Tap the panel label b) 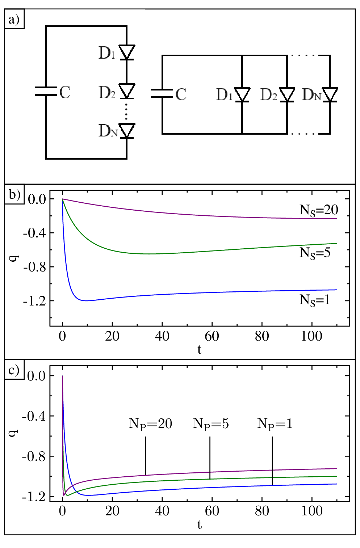[14, 194]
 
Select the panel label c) [14, 370]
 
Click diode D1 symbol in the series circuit [126, 52]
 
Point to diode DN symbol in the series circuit [126, 131]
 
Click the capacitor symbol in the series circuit [46, 91]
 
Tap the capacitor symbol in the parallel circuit [162, 94]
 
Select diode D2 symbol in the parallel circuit [287, 95]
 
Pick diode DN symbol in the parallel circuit [330, 95]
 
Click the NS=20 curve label [319, 210]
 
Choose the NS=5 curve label [315, 253]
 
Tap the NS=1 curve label [315, 300]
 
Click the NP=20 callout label [150, 424]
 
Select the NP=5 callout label [211, 424]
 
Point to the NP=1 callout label [275, 424]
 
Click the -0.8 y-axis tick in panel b [34, 267]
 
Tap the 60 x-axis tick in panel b [212, 337]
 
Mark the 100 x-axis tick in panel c [311, 511]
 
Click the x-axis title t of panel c [200, 524]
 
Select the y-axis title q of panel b [14, 258]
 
